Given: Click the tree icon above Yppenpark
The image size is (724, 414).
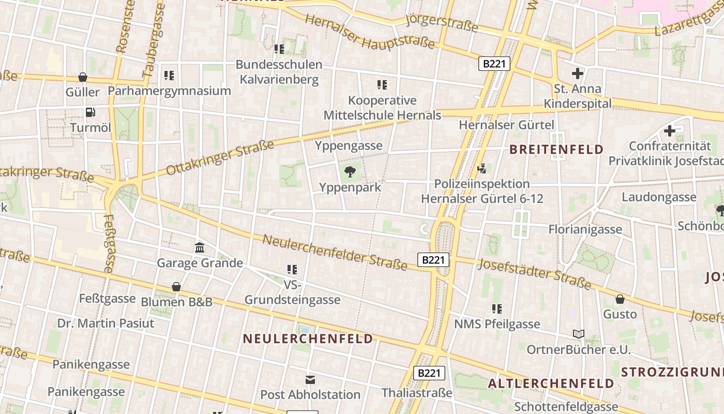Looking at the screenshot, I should pyautogui.click(x=350, y=171).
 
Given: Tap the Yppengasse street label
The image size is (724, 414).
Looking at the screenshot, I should pyautogui.click(x=349, y=146).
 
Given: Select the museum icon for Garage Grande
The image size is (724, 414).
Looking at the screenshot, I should pyautogui.click(x=200, y=247).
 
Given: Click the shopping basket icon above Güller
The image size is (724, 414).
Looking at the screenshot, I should pyautogui.click(x=83, y=77).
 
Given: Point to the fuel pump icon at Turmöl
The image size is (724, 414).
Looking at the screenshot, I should pyautogui.click(x=90, y=112).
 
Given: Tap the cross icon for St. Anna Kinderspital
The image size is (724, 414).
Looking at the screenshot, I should pyautogui.click(x=578, y=73).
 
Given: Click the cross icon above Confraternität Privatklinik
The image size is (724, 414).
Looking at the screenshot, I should pyautogui.click(x=670, y=130).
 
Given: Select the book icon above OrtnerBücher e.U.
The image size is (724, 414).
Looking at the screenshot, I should pyautogui.click(x=578, y=334).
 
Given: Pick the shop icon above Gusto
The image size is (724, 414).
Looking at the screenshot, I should pyautogui.click(x=620, y=299).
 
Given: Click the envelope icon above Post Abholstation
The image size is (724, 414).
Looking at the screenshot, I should pyautogui.click(x=310, y=380).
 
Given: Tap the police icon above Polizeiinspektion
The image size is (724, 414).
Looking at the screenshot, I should pyautogui.click(x=482, y=168).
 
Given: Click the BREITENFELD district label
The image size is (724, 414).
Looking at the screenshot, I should pyautogui.click(x=556, y=150).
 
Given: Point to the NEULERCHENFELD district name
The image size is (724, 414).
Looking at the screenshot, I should pyautogui.click(x=308, y=339).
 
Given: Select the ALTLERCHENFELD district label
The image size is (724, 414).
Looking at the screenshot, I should pyautogui.click(x=551, y=384).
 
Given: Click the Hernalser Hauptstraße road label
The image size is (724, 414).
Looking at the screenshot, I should pyautogui.click(x=369, y=32).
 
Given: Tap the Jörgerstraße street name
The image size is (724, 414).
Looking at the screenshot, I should pyautogui.click(x=442, y=22).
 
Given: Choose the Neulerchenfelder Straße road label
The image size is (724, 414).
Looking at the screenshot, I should pyautogui.click(x=335, y=252).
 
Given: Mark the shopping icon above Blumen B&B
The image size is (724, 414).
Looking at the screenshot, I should pyautogui.click(x=176, y=286).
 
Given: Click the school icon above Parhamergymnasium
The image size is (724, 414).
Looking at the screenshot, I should pyautogui.click(x=169, y=76).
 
